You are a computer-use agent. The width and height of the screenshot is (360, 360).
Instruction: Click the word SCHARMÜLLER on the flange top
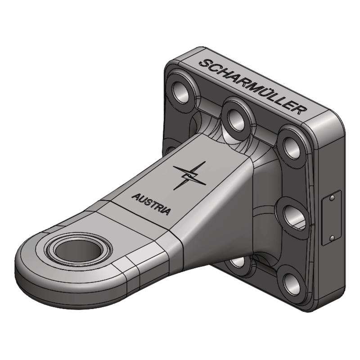pyautogui.click(x=253, y=87)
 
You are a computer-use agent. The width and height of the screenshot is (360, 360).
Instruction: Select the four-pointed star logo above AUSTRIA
pyautogui.click(x=189, y=175)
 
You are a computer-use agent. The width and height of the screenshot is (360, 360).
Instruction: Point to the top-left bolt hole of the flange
pyautogui.click(x=181, y=92)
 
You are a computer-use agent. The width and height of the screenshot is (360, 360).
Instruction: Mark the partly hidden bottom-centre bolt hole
pyautogui.click(x=237, y=262)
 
